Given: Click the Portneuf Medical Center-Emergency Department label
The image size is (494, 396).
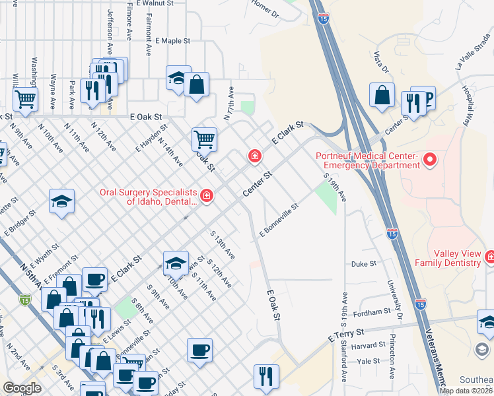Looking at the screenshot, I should (x=367, y=160).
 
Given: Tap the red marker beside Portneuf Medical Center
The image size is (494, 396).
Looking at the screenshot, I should (x=431, y=159).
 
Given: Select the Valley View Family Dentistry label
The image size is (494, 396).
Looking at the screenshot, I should (x=448, y=258).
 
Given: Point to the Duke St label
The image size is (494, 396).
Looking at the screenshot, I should (x=363, y=263).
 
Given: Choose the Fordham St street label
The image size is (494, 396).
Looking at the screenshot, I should (x=372, y=312).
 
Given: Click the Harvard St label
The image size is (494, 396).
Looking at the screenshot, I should (x=368, y=345).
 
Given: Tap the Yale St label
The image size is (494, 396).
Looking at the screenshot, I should (x=368, y=361).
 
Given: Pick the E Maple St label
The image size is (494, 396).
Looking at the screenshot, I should (x=173, y=41).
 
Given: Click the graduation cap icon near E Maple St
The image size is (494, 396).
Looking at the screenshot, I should (x=178, y=78).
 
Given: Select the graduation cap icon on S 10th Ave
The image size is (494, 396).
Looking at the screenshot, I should (x=176, y=263).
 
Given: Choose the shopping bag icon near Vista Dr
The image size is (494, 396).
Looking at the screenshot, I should (x=382, y=95).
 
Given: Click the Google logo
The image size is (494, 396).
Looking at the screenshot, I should (x=22, y=388).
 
